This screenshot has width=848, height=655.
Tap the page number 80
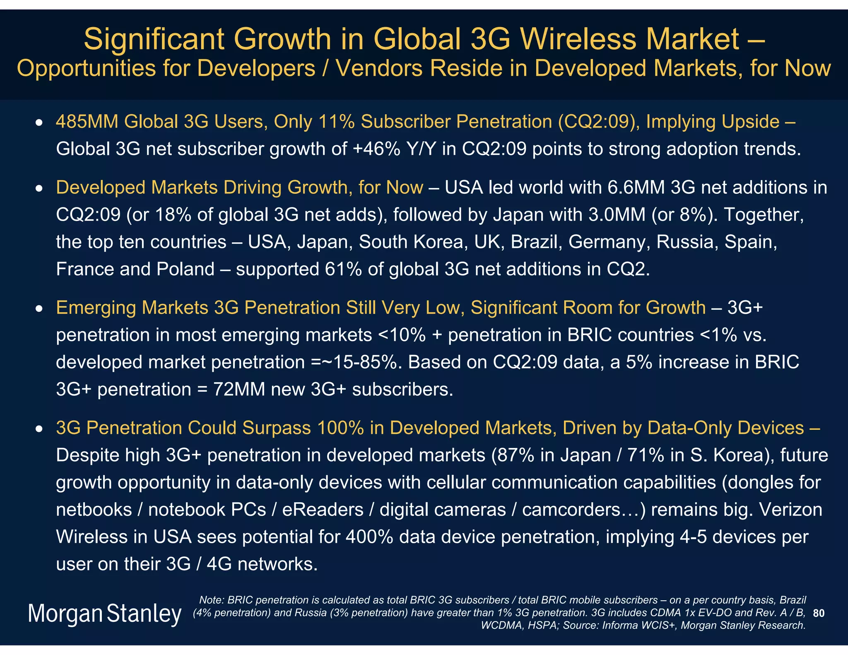pyautogui.click(x=818, y=613)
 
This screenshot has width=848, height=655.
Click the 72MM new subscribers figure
pyautogui.click(x=239, y=390)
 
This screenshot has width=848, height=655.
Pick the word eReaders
pyautogui.click(x=323, y=510)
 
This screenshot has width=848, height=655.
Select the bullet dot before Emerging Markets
pyautogui.click(x=39, y=309)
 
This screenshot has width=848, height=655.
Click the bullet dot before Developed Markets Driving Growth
pyautogui.click(x=39, y=189)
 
